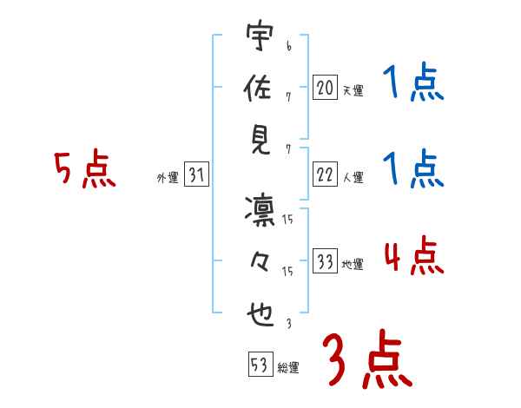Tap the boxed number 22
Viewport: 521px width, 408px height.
(325, 174)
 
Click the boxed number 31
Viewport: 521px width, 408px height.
(197, 174)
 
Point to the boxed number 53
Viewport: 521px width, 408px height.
(259, 365)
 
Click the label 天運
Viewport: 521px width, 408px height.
(353, 89)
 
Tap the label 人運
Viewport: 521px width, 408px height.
(353, 177)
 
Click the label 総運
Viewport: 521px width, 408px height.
(288, 368)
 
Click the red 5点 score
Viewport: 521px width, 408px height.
(83, 170)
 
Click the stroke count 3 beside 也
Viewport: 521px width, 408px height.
(287, 325)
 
